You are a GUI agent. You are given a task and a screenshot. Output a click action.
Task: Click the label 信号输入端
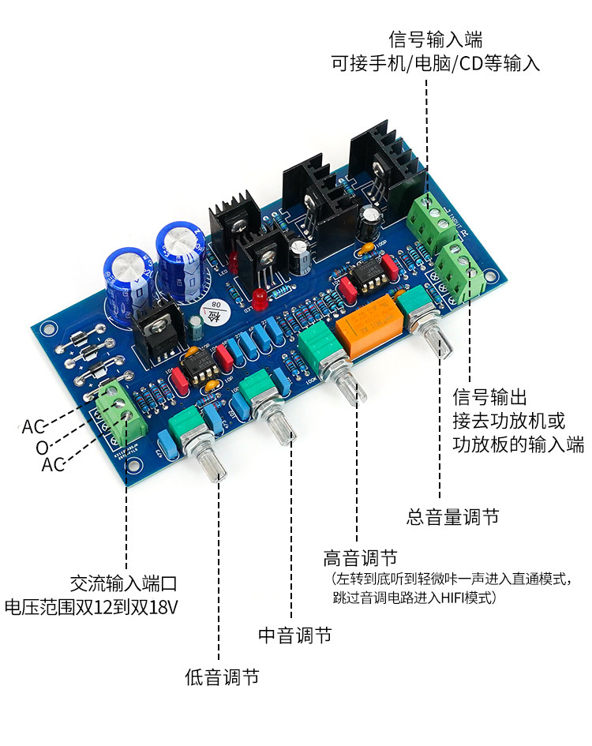[x=435, y=39]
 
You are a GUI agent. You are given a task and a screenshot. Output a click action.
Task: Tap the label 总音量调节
[x=453, y=517]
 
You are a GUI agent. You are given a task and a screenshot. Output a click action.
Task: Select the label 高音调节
[x=359, y=557]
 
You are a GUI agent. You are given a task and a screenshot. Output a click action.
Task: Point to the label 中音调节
[x=294, y=635]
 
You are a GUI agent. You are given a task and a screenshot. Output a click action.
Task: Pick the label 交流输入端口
[x=122, y=583]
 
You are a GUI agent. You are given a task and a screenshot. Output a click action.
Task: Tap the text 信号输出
[x=489, y=396]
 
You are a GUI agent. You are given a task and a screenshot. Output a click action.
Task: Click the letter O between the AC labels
[x=42, y=448]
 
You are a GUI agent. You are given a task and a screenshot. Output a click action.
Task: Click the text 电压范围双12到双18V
[x=91, y=607]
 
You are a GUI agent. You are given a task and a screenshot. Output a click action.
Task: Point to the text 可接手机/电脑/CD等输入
[x=435, y=63]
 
